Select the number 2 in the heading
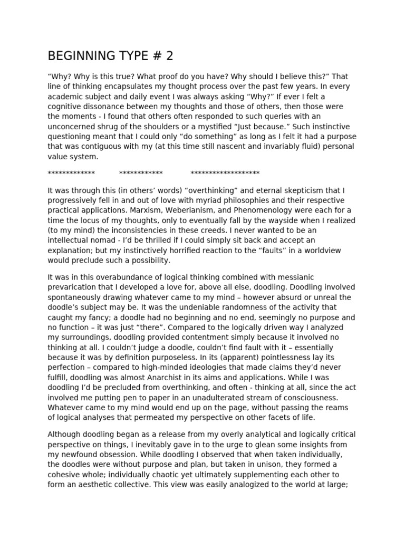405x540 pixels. tap(169, 56)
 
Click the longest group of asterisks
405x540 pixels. tap(225, 172)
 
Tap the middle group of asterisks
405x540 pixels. tap(141, 172)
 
